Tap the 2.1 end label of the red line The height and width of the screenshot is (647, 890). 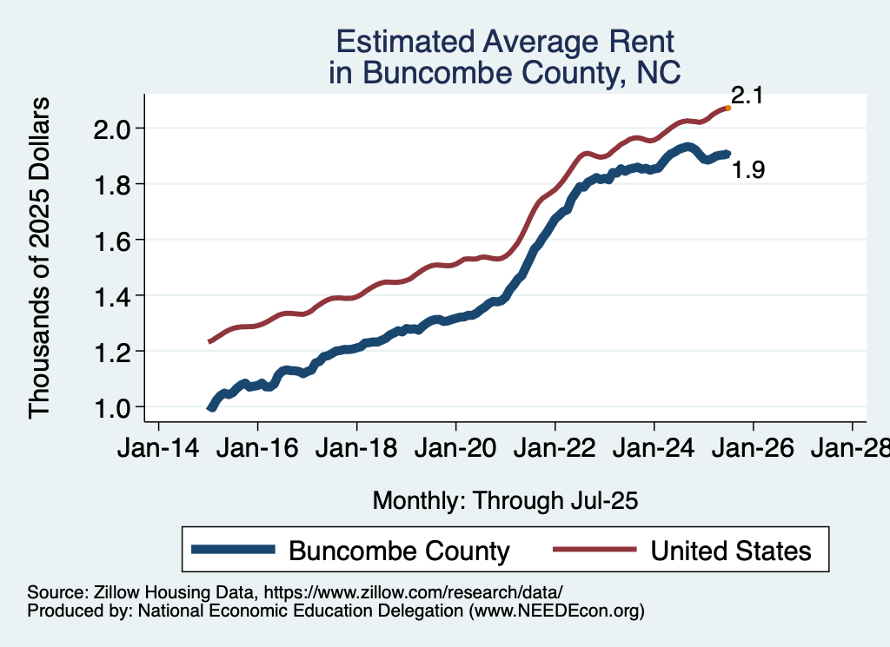746,96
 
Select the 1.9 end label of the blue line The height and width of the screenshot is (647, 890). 748,170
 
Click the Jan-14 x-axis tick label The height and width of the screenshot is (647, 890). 158,451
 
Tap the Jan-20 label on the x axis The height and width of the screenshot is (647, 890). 455,451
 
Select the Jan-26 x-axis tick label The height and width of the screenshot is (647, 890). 753,451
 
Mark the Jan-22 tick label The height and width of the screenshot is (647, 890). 555,451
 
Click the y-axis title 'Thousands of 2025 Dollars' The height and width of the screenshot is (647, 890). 41,257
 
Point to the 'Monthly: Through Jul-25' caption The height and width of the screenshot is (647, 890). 506,501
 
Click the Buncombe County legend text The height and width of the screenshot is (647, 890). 399,551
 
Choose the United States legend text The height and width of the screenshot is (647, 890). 731,551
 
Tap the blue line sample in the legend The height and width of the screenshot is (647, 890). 234,550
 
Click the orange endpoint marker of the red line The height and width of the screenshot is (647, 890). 727,108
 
